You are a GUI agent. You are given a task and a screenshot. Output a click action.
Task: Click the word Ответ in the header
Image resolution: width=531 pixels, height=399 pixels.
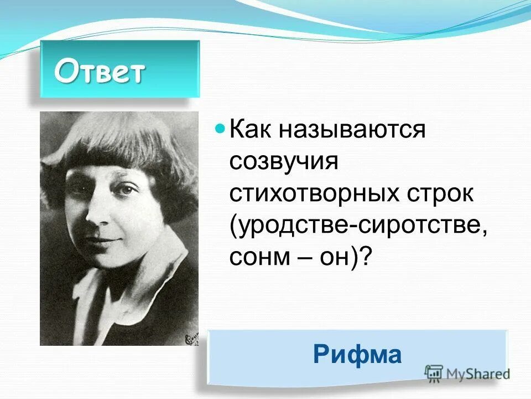[100, 71]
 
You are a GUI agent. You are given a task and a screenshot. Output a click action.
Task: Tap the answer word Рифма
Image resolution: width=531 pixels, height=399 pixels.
[357, 355]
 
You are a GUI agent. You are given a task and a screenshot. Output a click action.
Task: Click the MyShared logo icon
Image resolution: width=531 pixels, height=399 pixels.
[434, 373]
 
